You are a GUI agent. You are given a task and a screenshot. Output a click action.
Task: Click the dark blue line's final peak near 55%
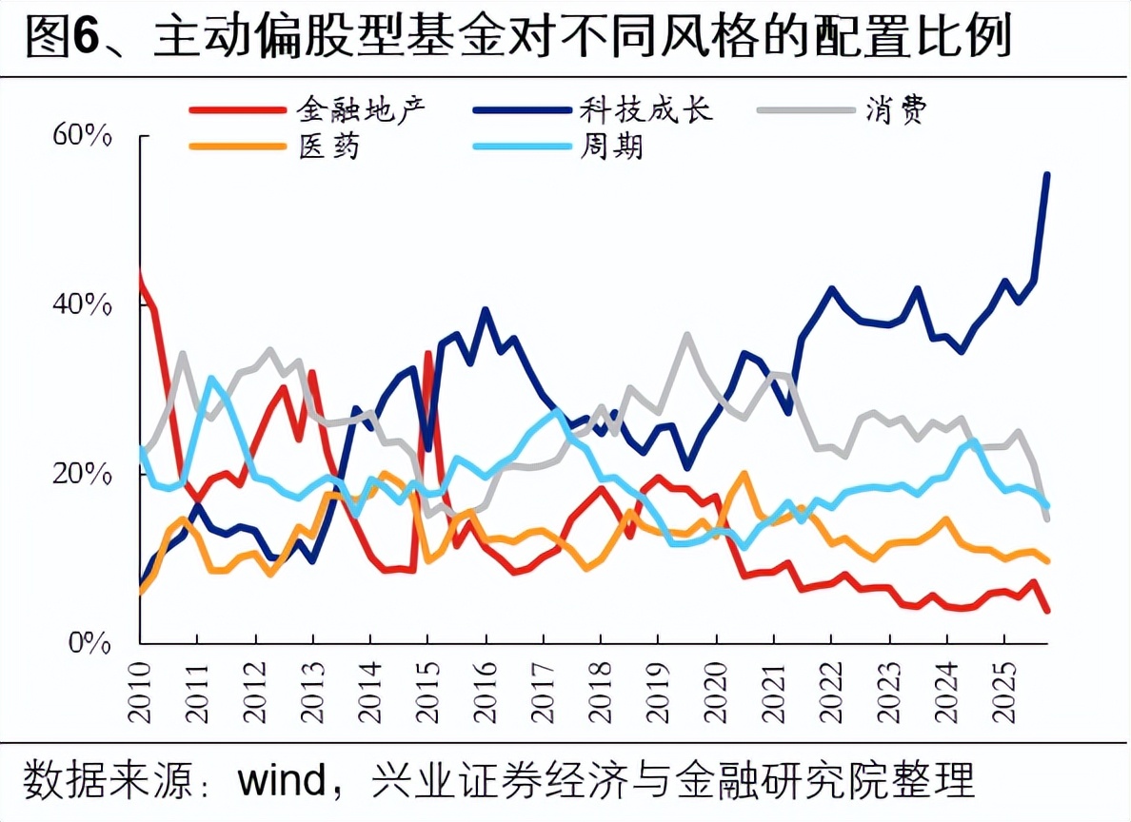tap(1047, 174)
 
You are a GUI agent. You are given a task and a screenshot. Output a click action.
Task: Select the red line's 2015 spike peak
tap(429, 354)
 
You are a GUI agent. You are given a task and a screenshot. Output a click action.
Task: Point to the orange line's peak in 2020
tap(744, 473)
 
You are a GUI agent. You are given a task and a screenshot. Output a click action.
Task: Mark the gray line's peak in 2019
tap(686, 335)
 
